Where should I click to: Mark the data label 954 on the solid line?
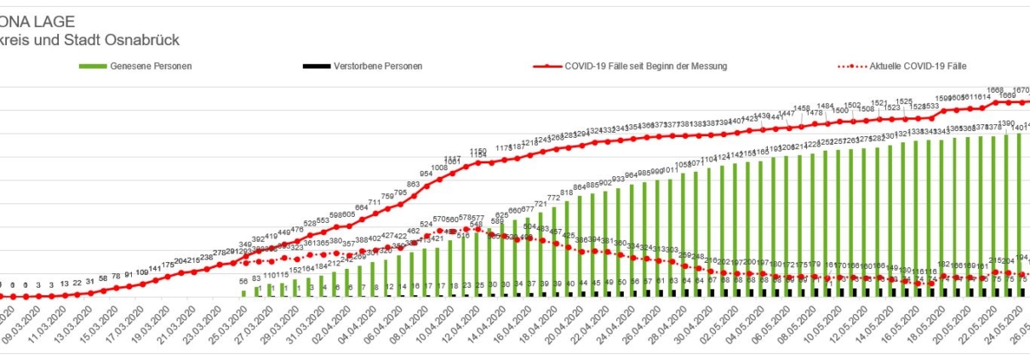(x=426, y=174)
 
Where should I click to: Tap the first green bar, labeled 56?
(x=244, y=293)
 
